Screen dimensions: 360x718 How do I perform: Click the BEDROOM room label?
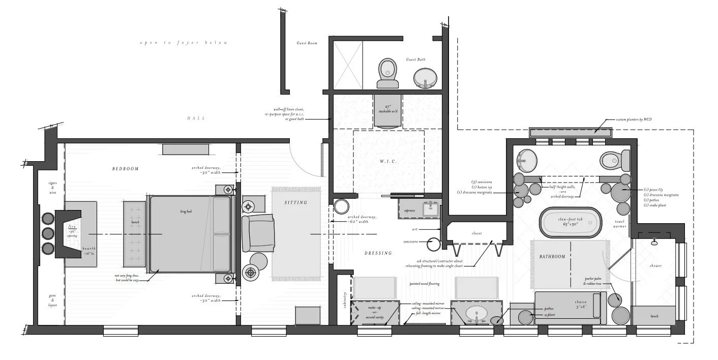click(126, 169)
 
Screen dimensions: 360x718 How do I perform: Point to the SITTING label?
click(296, 202)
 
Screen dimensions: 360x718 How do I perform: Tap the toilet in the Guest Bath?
click(388, 72)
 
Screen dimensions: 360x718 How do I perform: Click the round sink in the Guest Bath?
click(425, 77)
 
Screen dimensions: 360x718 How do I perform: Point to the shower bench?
click(654, 315)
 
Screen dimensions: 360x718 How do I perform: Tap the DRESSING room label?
click(378, 253)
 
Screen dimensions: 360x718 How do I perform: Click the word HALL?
click(196, 118)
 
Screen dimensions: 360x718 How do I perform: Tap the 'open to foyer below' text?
click(184, 43)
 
